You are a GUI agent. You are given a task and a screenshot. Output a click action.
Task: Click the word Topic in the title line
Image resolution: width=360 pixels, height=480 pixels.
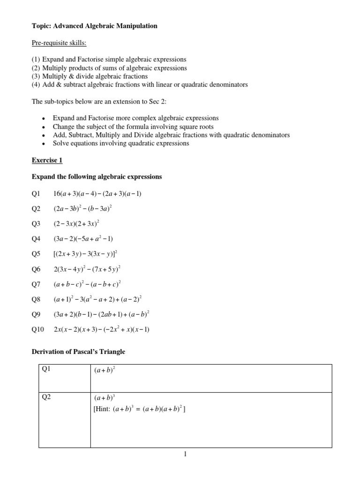click(x=40, y=26)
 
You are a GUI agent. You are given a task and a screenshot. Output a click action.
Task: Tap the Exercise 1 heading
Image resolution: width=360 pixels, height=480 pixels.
click(x=47, y=160)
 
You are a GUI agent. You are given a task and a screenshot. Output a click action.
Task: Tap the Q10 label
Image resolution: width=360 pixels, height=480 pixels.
click(x=37, y=329)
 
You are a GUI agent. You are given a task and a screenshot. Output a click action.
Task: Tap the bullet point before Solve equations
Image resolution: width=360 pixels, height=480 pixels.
click(x=43, y=144)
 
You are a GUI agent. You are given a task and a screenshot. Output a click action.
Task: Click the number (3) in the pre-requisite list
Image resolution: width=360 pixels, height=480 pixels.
click(x=36, y=76)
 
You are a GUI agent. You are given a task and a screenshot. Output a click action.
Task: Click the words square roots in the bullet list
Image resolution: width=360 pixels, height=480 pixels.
click(x=197, y=127)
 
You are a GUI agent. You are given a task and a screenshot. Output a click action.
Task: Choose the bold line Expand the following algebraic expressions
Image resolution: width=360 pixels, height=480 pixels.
click(x=96, y=177)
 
